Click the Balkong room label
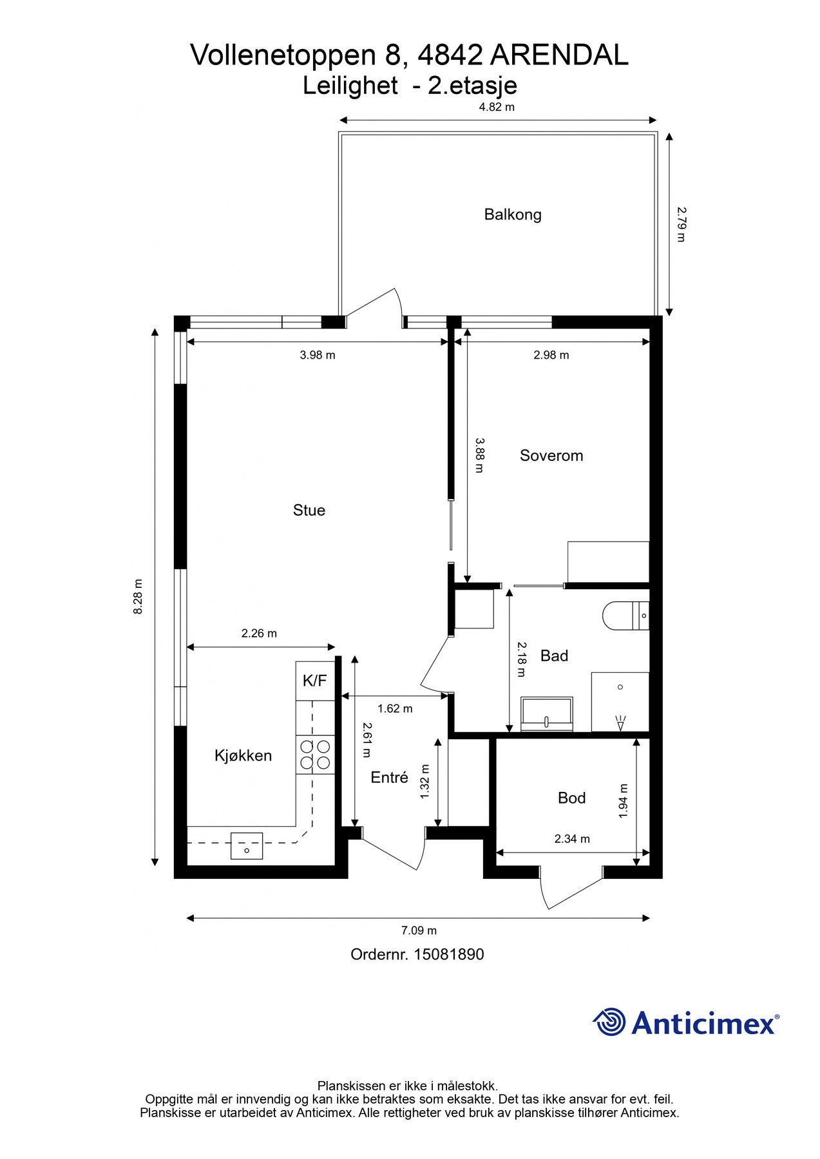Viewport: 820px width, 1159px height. pos(513,214)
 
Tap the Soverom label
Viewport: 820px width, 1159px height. pos(551,456)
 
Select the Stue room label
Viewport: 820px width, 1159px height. pos(309,511)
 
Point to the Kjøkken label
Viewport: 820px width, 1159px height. pos(243,755)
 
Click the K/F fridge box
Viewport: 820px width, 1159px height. pos(315,681)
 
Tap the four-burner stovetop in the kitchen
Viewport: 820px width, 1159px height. pos(315,755)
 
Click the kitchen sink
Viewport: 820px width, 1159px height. pos(247,846)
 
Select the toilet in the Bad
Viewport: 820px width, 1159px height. pos(625,616)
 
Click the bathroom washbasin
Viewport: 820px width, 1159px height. pos(547,715)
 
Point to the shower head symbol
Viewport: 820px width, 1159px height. pos(621,723)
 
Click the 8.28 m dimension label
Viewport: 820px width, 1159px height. pos(138,597)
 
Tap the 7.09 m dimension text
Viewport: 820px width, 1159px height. pos(419,930)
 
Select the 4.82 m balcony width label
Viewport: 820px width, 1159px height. pos(497,107)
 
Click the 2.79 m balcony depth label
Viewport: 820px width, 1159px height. pos(682,223)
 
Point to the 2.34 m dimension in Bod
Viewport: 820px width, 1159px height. pos(572,839)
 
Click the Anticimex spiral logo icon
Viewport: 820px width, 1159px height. pos(609,1022)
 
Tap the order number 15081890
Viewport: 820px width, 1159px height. pos(448,955)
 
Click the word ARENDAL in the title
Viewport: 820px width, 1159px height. pos(559,56)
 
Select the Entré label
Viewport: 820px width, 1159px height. pos(389,778)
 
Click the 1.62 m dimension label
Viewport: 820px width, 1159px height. pos(395,709)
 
